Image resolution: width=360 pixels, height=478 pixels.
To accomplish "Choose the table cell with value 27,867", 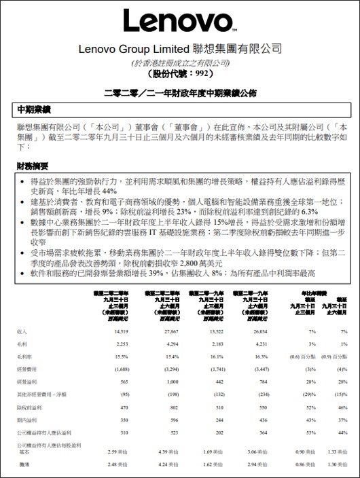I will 167,331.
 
